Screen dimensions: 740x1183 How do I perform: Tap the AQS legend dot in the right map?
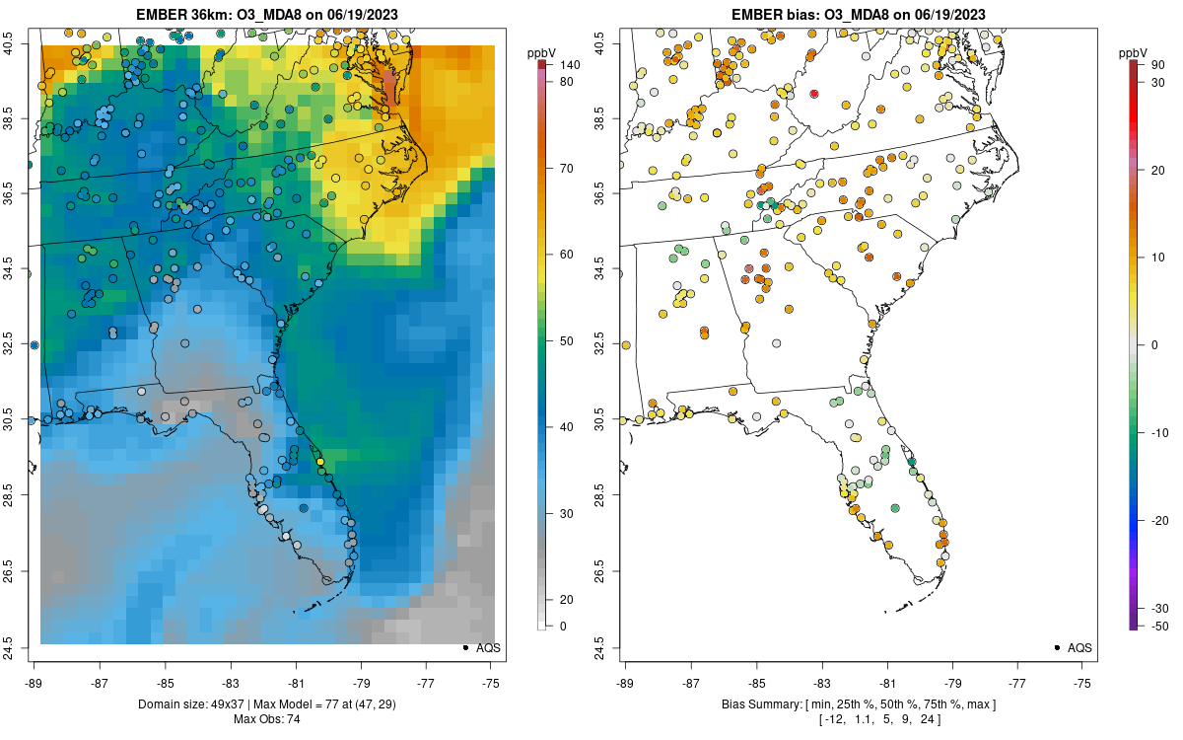tap(1057, 647)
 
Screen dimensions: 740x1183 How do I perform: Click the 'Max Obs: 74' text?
tap(267, 719)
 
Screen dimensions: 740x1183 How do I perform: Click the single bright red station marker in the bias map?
tap(814, 94)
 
